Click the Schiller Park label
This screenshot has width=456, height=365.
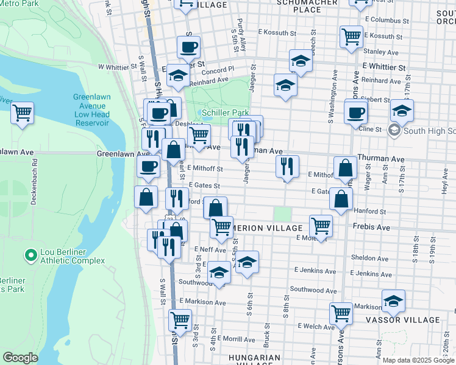pyautogui.click(x=225, y=113)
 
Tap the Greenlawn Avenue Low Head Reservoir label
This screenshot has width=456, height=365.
pyautogui.click(x=91, y=109)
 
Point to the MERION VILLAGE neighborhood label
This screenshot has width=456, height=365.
pyautogui.click(x=269, y=228)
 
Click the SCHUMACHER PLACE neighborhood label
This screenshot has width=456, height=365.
pyautogui.click(x=290, y=5)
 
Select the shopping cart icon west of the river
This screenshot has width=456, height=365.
pyautogui.click(x=22, y=113)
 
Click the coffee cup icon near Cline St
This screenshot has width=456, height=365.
pyautogui.click(x=355, y=113)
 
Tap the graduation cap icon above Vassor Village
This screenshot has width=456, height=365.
pyautogui.click(x=393, y=301)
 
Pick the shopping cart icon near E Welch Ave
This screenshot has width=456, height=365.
pyautogui.click(x=341, y=313)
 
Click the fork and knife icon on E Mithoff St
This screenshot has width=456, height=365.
pyautogui.click(x=287, y=166)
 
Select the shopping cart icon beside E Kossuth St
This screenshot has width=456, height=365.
pyautogui.click(x=352, y=36)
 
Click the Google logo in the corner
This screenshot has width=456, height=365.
pyautogui.click(x=20, y=358)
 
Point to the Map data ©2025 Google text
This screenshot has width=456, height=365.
pyautogui.click(x=418, y=360)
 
